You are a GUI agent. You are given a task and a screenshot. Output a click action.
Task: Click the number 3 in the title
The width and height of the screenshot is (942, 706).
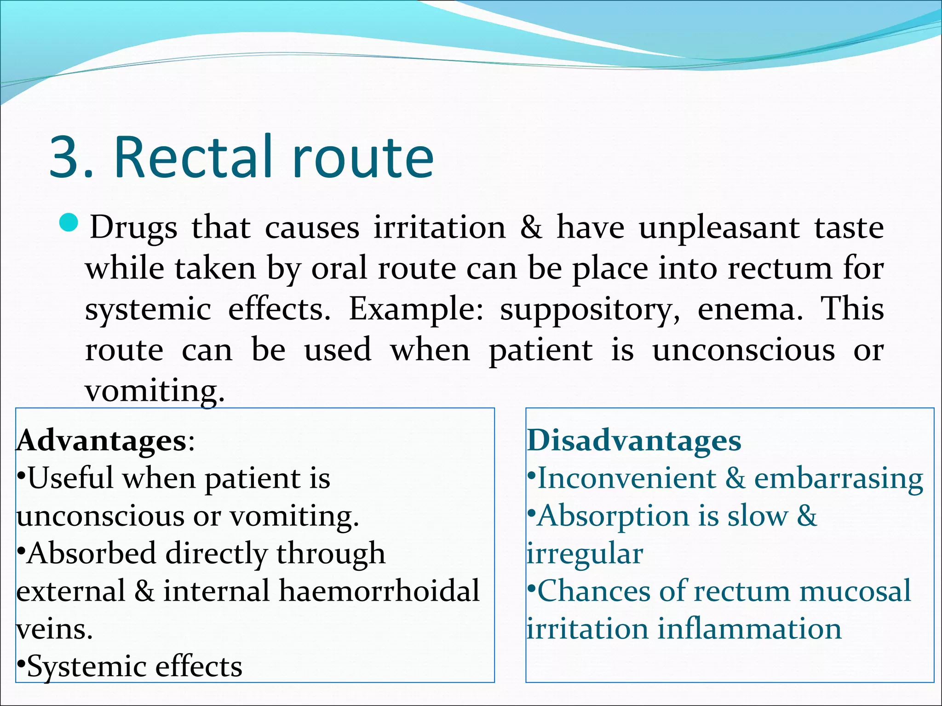click(x=65, y=157)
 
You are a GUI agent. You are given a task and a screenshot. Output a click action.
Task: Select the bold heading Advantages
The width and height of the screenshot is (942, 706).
click(x=101, y=441)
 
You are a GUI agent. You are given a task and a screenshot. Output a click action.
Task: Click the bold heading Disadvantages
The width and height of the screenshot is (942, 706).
click(x=634, y=441)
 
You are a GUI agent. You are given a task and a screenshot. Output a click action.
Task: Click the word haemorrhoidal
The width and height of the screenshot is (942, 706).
click(x=379, y=591)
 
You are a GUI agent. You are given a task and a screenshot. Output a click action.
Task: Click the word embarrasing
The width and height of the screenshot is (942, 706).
click(x=838, y=478)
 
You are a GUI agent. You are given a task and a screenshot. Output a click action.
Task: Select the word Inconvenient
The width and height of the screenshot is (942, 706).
click(x=626, y=478)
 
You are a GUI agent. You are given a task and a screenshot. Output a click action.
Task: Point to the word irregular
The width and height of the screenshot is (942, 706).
click(x=585, y=554)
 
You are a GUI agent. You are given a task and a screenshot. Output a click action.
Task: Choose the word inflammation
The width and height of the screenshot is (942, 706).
click(x=749, y=629)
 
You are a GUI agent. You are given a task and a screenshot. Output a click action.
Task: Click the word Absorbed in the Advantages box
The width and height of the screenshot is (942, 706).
click(x=91, y=553)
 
